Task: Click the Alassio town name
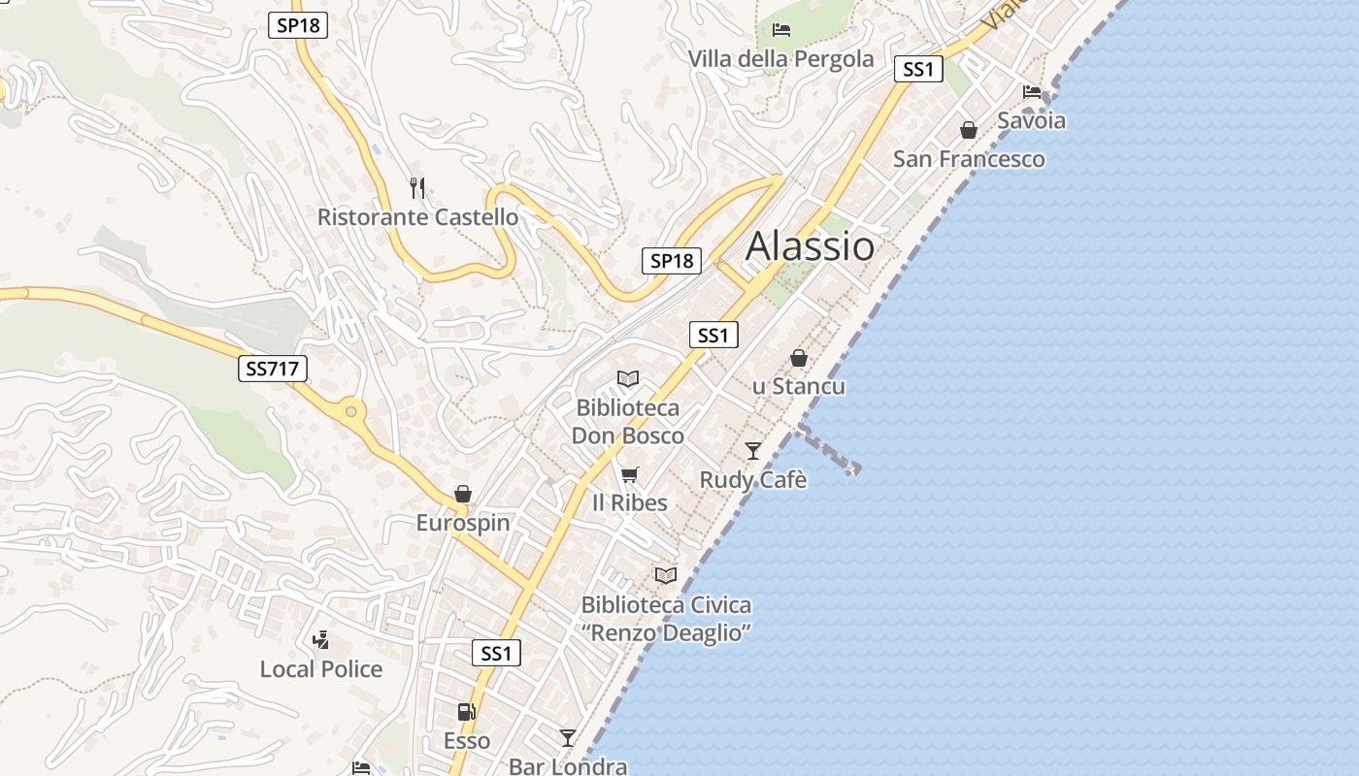click(x=810, y=246)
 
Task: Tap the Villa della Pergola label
click(x=780, y=59)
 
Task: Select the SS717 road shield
click(x=273, y=369)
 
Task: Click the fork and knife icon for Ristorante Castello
click(x=417, y=187)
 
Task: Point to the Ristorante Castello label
click(x=417, y=217)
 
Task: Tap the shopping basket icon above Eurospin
click(x=463, y=494)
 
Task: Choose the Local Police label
click(x=321, y=669)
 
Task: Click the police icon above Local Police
click(x=321, y=639)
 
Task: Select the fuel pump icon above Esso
click(x=466, y=712)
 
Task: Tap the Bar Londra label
click(x=568, y=766)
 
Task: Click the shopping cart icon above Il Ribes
click(x=630, y=474)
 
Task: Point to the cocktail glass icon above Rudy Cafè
click(x=753, y=450)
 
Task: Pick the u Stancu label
click(x=799, y=386)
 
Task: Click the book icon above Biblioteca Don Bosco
click(x=628, y=378)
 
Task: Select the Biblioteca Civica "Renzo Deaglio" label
click(x=666, y=619)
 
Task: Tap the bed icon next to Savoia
click(x=1032, y=92)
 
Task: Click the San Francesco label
click(x=969, y=159)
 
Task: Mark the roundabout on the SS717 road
click(x=351, y=412)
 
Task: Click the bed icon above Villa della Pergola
click(x=780, y=30)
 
